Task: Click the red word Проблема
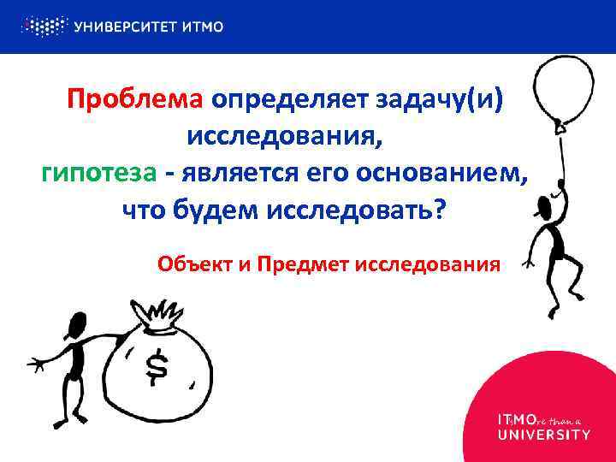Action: point(134,100)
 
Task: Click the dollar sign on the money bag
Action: point(157,366)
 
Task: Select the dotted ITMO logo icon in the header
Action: point(44,26)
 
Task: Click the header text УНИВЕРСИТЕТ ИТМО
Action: point(149,27)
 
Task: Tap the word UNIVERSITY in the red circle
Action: point(543,435)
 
